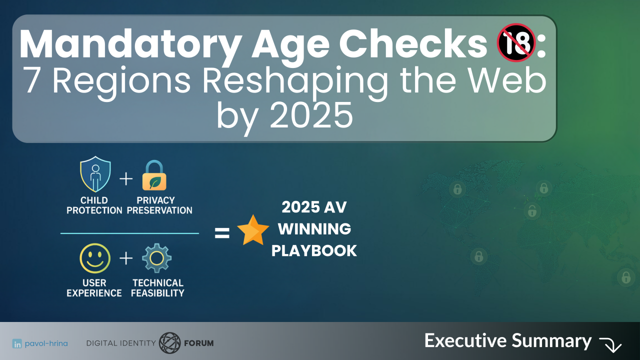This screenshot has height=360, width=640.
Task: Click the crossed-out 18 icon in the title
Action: (516, 42)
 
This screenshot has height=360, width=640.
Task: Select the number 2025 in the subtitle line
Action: (311, 115)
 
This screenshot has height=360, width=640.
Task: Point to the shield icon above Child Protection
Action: (95, 174)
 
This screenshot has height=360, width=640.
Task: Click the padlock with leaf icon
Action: (154, 175)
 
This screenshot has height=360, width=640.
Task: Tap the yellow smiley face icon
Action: (95, 258)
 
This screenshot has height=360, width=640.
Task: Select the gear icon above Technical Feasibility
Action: (156, 258)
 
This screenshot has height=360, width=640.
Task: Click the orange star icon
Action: (253, 230)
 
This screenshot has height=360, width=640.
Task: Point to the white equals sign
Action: (222, 233)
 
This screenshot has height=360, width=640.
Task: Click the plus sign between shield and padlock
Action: (126, 179)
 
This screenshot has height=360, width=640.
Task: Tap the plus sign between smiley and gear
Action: (126, 258)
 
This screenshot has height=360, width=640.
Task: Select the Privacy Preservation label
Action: (159, 205)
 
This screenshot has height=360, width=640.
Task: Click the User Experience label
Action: (94, 288)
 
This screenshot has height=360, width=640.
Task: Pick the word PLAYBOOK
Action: (314, 251)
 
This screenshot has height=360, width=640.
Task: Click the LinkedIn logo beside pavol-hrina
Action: (17, 343)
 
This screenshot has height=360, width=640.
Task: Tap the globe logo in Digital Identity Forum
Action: (169, 342)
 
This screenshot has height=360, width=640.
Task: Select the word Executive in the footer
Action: (465, 340)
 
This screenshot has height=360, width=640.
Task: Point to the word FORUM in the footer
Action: (199, 343)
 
